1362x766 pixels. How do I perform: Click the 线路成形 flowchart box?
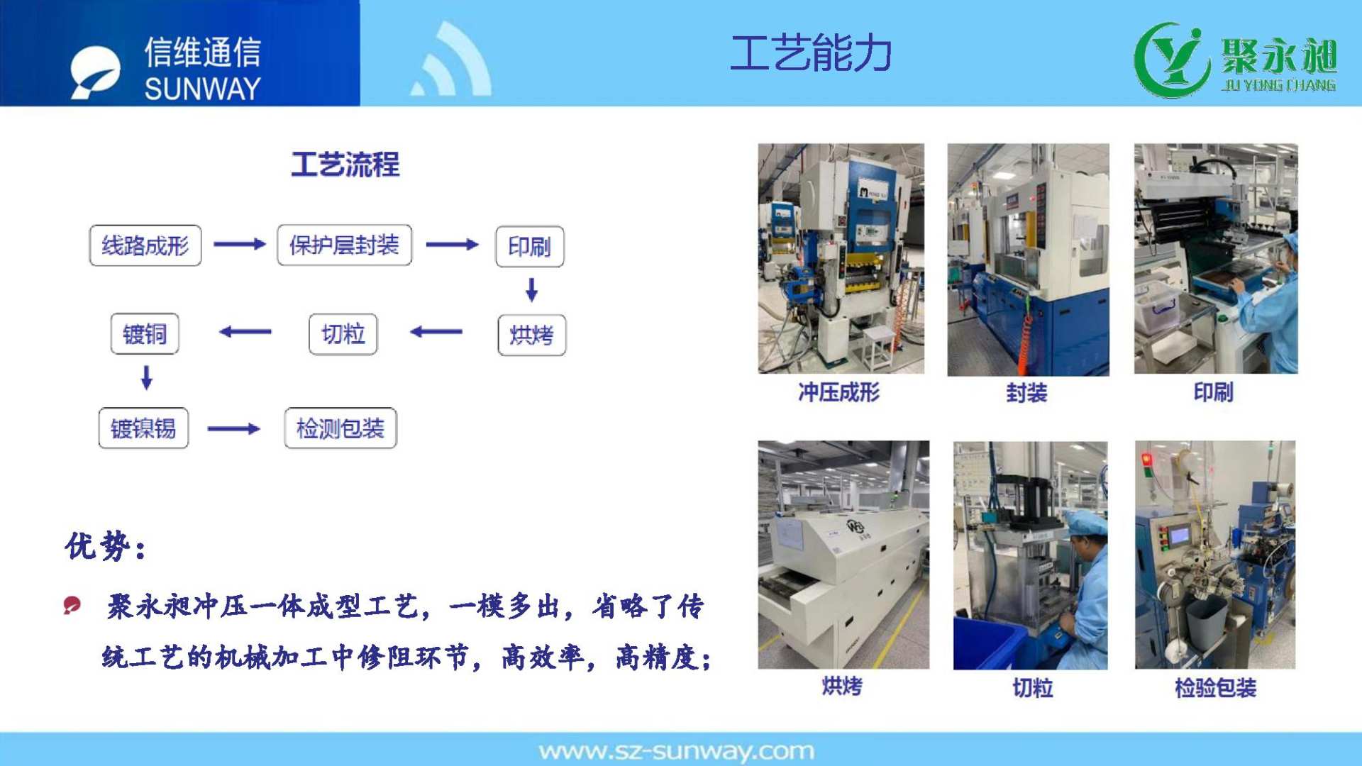coord(145,245)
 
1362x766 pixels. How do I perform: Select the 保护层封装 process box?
coord(344,245)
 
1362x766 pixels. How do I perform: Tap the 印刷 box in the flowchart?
coord(530,246)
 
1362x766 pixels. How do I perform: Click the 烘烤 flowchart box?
coord(532,335)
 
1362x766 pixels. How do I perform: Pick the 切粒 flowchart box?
coord(343,334)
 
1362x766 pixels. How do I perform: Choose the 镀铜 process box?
coord(145,333)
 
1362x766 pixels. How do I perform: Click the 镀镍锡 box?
coord(143,428)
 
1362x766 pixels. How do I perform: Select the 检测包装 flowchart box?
coord(340,428)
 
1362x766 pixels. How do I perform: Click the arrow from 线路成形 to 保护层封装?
coord(240,244)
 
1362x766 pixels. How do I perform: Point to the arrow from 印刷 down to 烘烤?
coord(531,289)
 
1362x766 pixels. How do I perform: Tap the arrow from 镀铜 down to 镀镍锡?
coord(147,377)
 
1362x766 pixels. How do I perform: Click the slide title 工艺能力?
coord(811,53)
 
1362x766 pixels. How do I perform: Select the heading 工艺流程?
coord(345,165)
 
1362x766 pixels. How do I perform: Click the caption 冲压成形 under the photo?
coord(839,392)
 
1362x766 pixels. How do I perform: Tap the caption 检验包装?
coord(1216,687)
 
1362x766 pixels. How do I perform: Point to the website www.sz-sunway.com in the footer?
coord(677,751)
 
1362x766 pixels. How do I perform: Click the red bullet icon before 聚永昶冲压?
coord(72,605)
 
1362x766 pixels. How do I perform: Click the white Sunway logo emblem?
coord(95,72)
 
